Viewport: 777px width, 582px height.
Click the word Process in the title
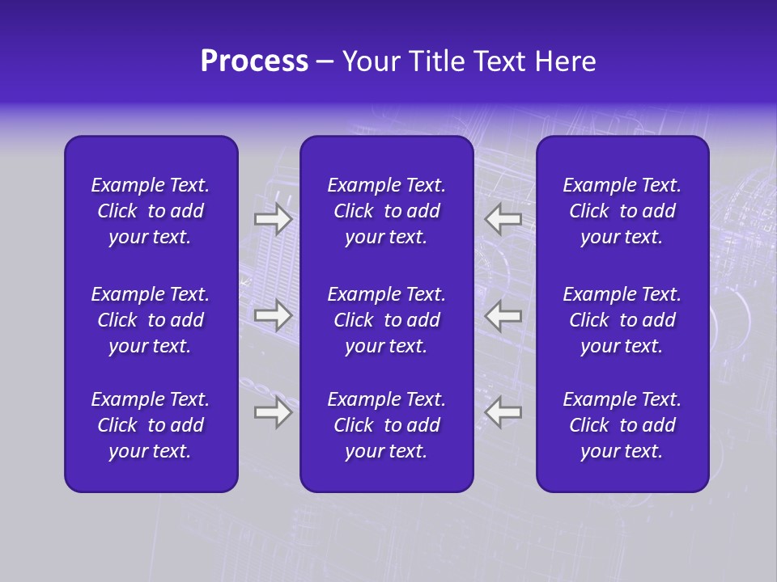click(254, 61)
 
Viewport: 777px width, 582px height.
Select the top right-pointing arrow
click(273, 219)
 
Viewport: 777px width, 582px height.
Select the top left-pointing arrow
click(503, 219)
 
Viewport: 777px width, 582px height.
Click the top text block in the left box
click(151, 211)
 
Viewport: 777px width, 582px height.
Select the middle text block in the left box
click(151, 320)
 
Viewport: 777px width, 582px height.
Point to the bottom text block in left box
click(151, 425)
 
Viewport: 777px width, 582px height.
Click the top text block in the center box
click(386, 211)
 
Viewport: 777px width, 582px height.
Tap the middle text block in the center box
click(386, 320)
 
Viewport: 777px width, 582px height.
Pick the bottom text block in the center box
click(386, 425)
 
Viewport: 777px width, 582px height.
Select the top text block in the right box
click(622, 211)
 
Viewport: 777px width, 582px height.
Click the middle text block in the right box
click(622, 320)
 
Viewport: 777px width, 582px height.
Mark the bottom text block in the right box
click(622, 425)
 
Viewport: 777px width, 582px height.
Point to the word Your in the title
click(368, 61)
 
